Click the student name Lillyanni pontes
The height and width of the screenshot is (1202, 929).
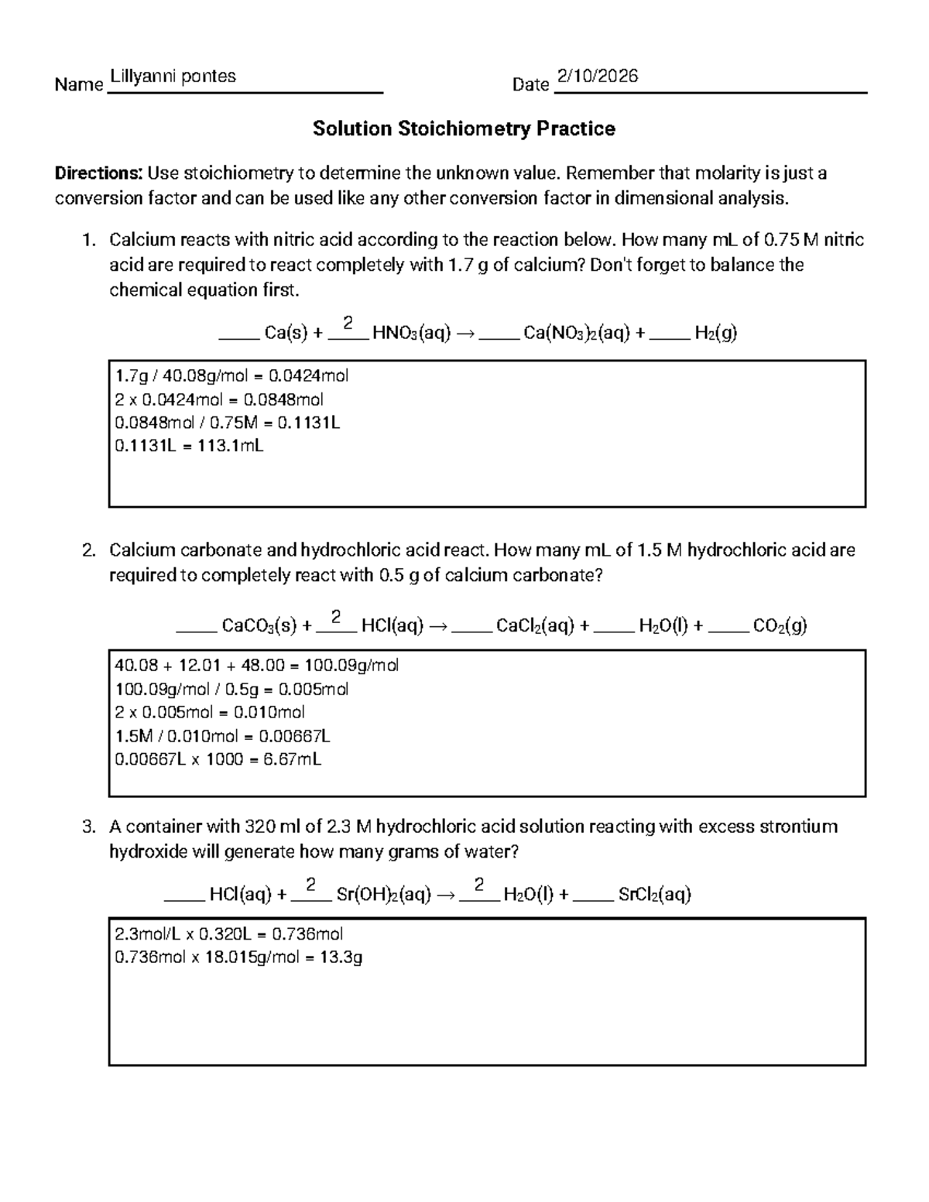(x=173, y=76)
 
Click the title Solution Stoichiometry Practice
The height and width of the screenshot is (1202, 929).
(x=464, y=128)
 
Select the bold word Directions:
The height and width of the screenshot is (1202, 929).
(x=98, y=173)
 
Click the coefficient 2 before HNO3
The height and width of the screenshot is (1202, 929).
(x=348, y=322)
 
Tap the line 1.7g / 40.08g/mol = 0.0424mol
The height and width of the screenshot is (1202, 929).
(x=231, y=376)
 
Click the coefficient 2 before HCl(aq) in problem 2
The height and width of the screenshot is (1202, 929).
(x=336, y=616)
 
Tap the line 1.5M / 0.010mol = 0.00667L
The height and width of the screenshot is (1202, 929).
(x=223, y=736)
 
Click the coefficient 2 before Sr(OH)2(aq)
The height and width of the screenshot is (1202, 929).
(x=311, y=884)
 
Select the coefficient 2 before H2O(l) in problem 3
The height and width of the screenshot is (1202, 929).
(x=479, y=884)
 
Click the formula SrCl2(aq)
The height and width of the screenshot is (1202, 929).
(x=654, y=895)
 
